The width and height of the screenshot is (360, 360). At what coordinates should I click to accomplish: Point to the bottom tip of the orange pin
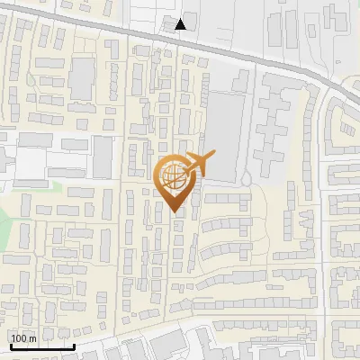tap(173, 212)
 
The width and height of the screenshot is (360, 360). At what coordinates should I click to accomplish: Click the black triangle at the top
tap(181, 24)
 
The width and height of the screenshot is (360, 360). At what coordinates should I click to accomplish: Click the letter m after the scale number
tap(32, 338)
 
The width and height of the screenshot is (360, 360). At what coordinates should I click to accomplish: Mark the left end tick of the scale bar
tap(10, 345)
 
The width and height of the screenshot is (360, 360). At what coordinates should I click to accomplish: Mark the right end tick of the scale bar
tap(74, 345)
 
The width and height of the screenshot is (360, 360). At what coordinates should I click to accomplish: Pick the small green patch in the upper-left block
tap(31, 79)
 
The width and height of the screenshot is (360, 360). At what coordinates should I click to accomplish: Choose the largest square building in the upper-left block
tap(82, 79)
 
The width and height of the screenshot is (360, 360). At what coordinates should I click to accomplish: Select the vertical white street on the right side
tap(322, 225)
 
